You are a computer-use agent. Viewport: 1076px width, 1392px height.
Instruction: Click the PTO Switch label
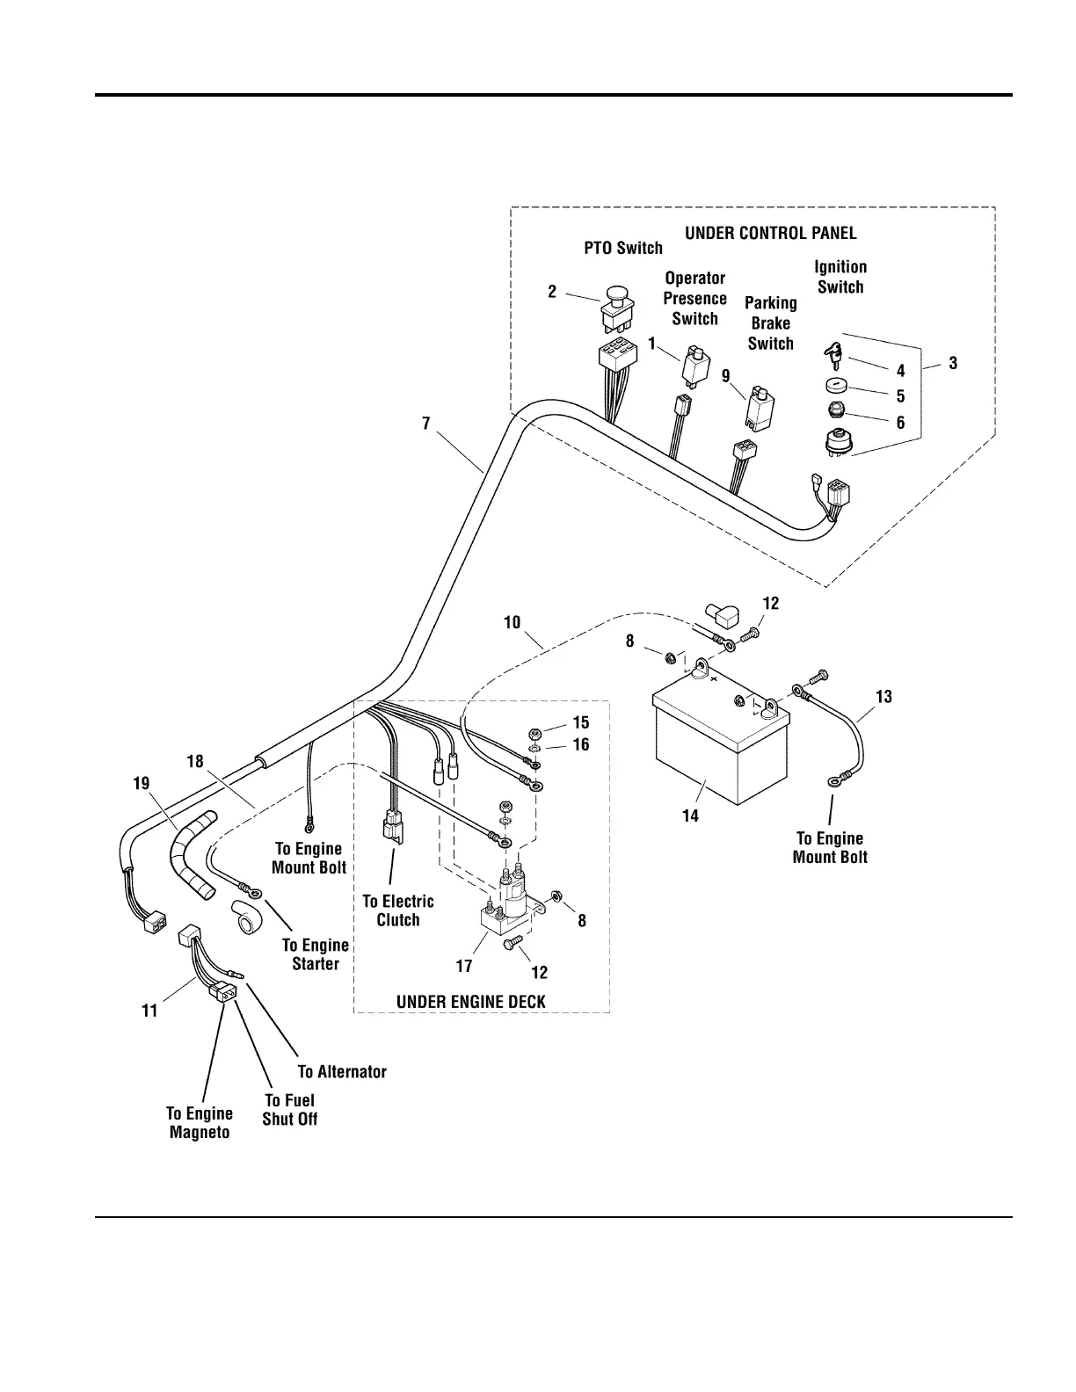coord(623,248)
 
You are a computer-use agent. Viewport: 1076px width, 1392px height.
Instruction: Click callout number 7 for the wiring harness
coord(426,424)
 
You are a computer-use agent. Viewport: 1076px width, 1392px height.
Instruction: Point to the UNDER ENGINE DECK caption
coord(470,1002)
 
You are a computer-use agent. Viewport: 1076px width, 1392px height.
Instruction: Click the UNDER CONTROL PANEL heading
coord(770,233)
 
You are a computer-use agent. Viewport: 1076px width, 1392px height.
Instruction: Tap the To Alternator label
coord(342,1071)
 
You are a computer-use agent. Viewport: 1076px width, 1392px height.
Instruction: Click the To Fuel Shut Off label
coord(290,1109)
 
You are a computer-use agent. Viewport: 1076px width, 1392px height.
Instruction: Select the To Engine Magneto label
coord(200,1122)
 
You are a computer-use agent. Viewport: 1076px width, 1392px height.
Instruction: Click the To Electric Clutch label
coord(398,910)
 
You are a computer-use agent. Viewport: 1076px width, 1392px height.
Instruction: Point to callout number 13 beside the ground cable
coord(883,696)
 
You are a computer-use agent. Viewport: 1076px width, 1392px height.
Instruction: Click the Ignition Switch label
coord(840,277)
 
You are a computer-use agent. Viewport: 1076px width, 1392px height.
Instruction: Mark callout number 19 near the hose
coord(142,783)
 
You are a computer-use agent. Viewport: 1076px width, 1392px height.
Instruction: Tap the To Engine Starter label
coord(315,954)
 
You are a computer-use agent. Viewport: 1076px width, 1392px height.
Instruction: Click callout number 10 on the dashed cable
coord(512,623)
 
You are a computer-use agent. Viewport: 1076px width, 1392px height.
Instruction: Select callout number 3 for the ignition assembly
coord(953,363)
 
